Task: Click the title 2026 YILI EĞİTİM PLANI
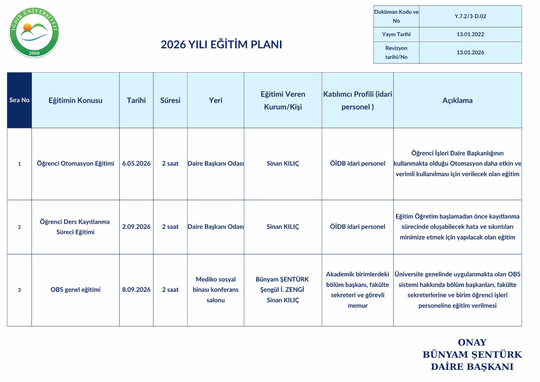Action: pos(221,44)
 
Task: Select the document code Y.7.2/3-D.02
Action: pos(470,17)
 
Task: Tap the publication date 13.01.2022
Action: pos(470,35)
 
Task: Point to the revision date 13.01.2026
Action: pos(470,53)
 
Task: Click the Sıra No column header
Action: pos(19,100)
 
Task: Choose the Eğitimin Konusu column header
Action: pos(75,100)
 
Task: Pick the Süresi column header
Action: pos(170,100)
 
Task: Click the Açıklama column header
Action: pos(457,100)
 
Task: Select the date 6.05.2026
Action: pos(136,164)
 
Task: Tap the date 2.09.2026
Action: pos(136,227)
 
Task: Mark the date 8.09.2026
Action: pos(136,290)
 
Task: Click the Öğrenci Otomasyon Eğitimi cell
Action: pos(75,164)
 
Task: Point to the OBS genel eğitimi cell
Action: pos(75,290)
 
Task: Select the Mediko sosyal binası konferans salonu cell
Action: pos(216,290)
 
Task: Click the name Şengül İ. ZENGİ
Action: pos(282,290)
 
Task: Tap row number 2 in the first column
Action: pos(19,227)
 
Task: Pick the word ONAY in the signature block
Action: pos(472,343)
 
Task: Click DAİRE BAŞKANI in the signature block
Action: pos(472,367)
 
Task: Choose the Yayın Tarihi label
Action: pos(396,35)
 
